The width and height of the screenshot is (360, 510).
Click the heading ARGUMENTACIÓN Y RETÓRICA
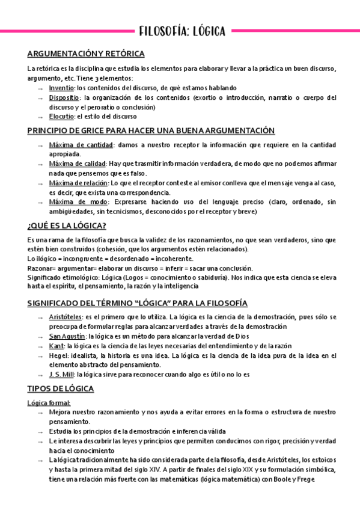(86, 53)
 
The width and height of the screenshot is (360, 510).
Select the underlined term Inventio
(62, 88)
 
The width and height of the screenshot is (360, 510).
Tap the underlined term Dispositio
(64, 97)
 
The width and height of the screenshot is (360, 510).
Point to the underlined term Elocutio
(62, 117)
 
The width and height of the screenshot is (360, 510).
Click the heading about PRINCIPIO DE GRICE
(151, 131)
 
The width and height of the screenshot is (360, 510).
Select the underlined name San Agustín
(67, 336)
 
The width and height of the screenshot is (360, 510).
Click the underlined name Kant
(57, 346)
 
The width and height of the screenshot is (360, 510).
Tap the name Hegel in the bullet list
(59, 355)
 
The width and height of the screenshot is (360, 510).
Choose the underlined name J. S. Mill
(63, 374)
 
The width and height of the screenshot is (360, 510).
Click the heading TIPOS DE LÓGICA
(61, 389)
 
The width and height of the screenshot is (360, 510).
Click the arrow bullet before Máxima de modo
(40, 203)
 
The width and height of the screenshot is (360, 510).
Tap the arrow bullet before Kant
(40, 346)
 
